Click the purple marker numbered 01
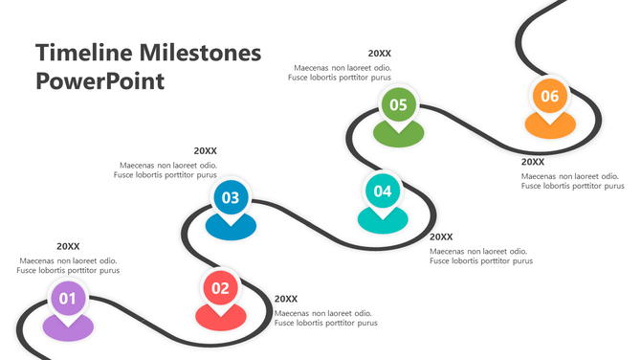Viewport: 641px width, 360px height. point(68,299)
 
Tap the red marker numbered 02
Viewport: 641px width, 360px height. point(220,287)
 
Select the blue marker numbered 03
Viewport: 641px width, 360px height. point(230,198)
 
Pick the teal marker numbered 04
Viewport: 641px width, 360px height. point(383,191)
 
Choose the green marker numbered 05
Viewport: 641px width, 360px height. point(398,104)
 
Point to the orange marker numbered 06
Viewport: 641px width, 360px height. point(549,96)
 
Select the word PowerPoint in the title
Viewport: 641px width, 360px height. point(99,80)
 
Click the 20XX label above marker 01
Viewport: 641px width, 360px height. point(68,246)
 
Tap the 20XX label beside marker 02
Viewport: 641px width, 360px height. point(286,299)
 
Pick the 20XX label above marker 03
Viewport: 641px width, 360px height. point(205,150)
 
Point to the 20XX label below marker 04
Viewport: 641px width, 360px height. point(441,236)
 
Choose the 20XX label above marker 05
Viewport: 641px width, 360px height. point(380,54)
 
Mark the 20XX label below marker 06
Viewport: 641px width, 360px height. point(533,162)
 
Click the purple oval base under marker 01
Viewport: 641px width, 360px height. point(68,328)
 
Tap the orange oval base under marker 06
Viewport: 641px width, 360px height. point(549,126)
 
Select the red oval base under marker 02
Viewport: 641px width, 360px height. point(220,317)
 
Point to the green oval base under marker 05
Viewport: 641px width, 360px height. point(398,135)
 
